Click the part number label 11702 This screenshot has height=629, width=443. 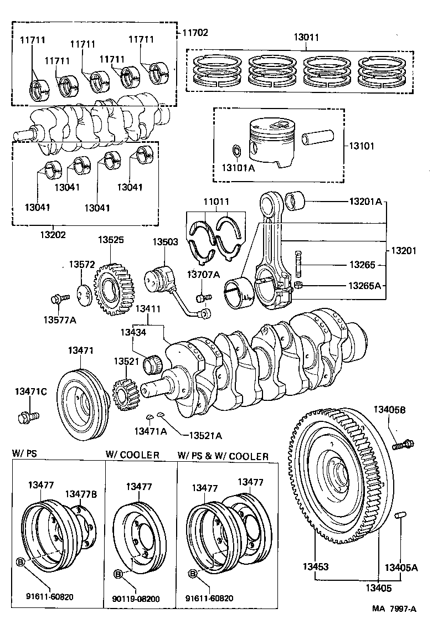(195, 33)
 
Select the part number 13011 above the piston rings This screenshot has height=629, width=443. (306, 38)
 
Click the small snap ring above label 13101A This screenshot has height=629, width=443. (236, 150)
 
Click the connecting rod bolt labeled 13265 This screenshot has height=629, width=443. (300, 264)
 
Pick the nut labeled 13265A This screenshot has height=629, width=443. (298, 285)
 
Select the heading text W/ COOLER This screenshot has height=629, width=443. (132, 455)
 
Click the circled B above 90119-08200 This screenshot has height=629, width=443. (118, 573)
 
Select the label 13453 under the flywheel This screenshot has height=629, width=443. (315, 567)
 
